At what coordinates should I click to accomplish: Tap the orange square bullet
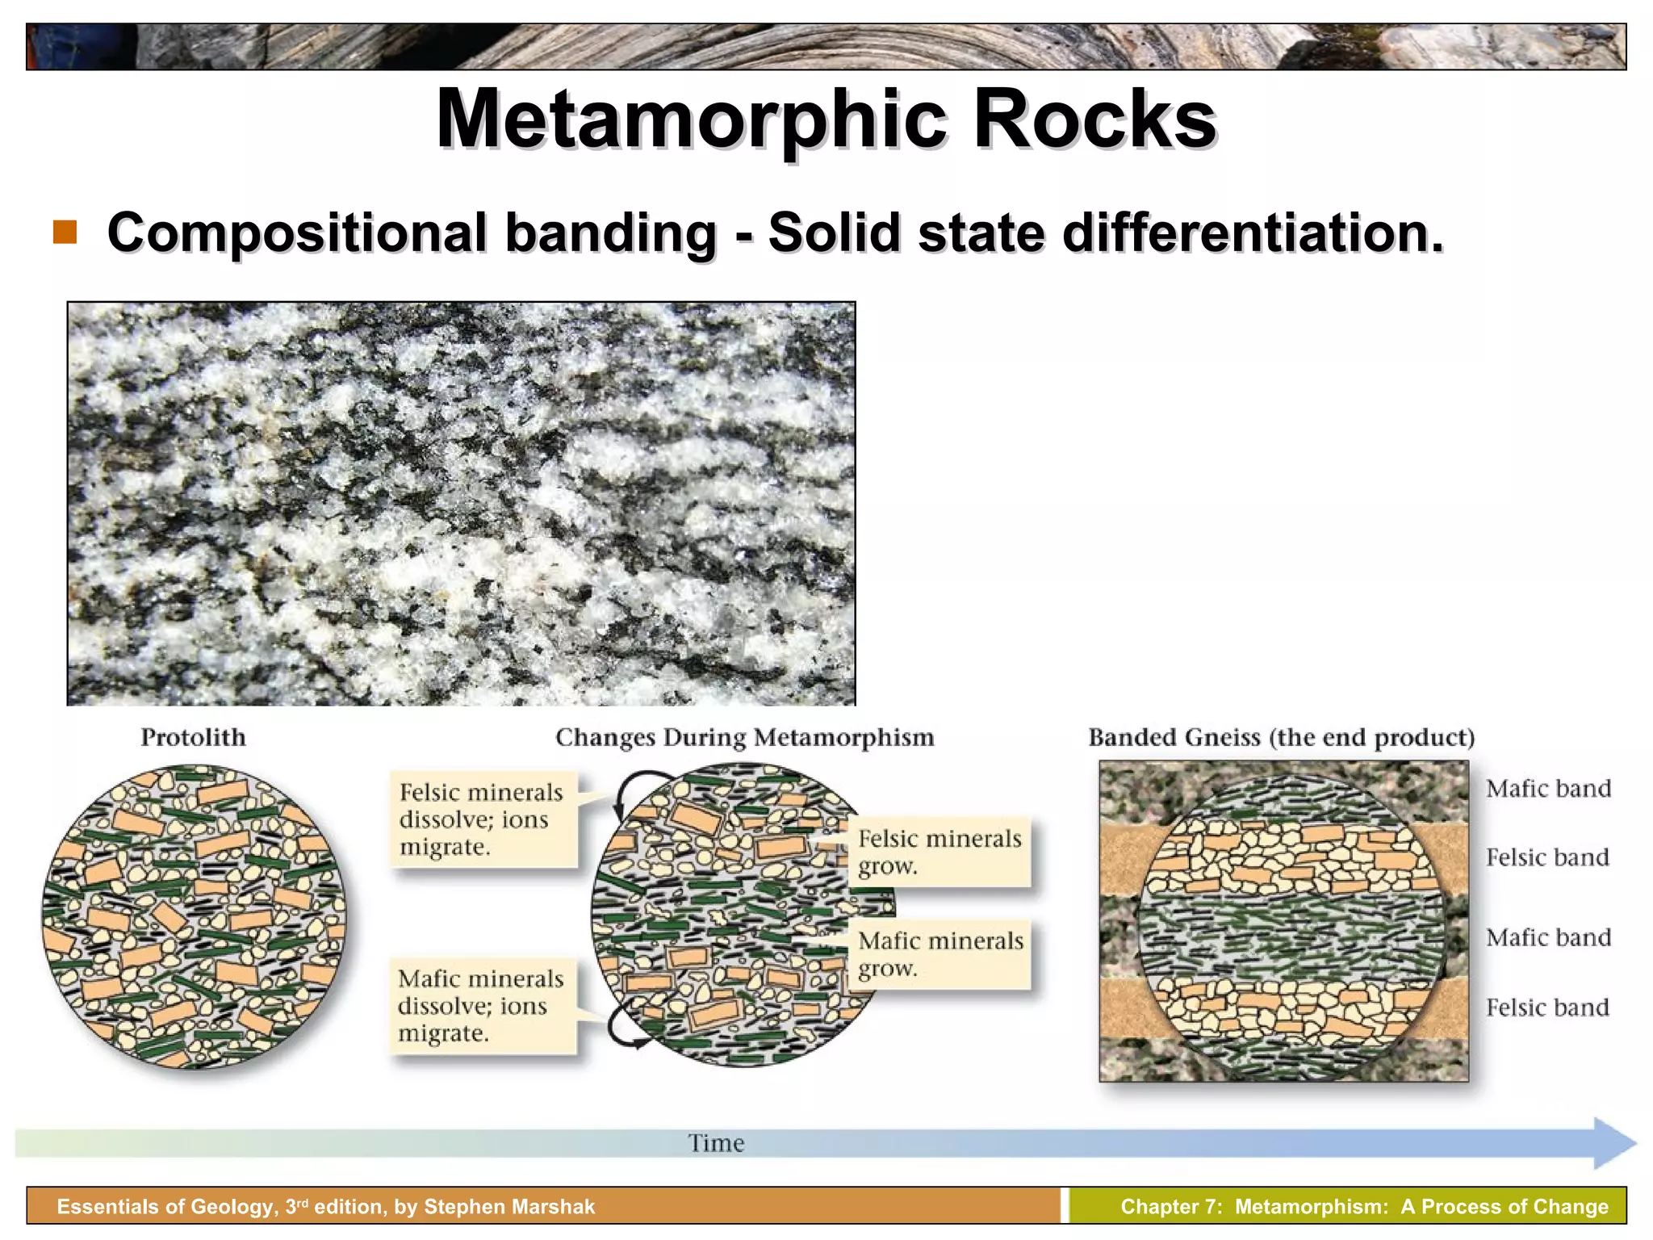point(65,232)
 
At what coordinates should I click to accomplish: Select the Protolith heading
point(193,737)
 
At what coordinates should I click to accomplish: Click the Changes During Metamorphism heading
point(744,737)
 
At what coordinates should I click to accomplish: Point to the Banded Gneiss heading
point(1281,737)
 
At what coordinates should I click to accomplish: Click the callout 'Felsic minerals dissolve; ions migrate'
point(483,819)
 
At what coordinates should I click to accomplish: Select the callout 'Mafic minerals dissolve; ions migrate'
point(483,1006)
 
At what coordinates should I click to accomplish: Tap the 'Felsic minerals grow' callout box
point(939,852)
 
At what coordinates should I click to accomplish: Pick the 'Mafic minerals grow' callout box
point(940,954)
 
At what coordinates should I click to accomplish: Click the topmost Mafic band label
point(1548,789)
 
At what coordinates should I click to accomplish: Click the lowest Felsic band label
point(1547,1007)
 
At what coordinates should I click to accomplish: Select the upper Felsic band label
point(1547,857)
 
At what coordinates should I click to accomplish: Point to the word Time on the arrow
point(716,1143)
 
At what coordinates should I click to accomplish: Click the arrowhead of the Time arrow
point(1614,1143)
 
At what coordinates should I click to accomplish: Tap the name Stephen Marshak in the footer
point(509,1207)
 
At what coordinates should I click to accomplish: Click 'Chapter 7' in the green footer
point(1171,1207)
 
